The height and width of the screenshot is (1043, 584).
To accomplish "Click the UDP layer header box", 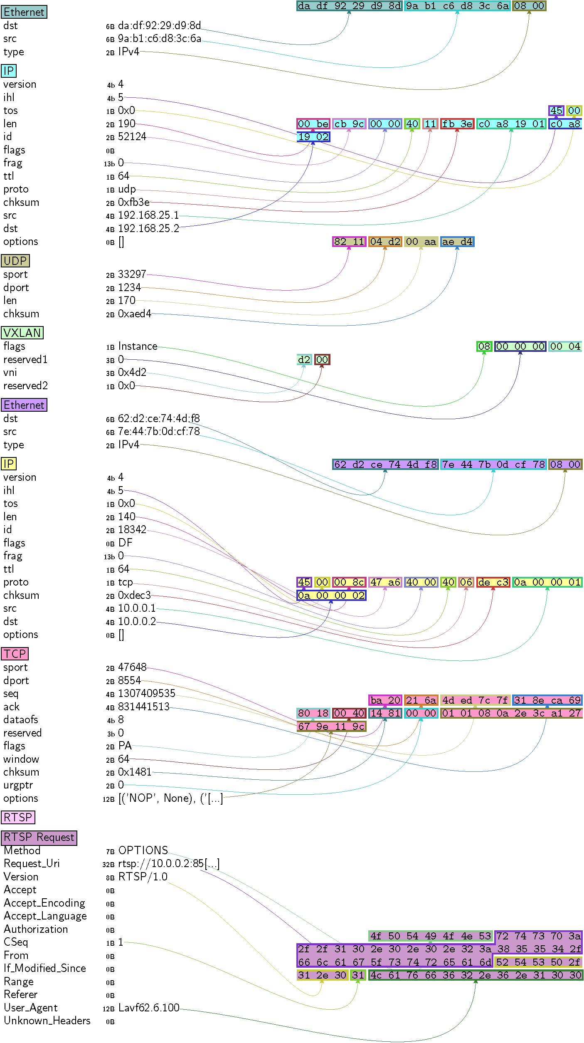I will coord(15,261).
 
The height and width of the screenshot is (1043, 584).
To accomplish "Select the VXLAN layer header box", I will coord(22,333).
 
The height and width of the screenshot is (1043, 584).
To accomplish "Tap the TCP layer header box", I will coord(15,654).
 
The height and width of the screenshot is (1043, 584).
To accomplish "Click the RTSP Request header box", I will coord(39,837).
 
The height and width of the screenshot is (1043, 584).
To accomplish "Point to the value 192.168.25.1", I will coord(148,215).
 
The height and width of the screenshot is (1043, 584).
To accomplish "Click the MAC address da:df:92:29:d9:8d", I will coord(159,26).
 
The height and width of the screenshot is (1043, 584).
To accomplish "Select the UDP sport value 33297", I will coord(132,274).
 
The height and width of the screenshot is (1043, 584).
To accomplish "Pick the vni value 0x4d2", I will coord(132,373).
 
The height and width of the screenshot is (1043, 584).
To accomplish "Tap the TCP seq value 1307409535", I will coord(147,693).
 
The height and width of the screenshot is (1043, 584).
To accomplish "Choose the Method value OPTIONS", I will coord(143,850).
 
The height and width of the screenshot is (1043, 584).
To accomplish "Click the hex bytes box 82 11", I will coord(349,242).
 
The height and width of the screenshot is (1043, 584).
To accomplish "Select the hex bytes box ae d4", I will coord(457,242).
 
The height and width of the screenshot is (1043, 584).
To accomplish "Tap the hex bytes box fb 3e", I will coord(457,124).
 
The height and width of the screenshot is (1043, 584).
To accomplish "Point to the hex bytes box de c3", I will coord(493,582).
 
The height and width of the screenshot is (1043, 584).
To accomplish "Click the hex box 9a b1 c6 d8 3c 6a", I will coord(457,6).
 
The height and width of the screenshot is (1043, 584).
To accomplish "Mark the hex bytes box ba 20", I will coord(385,700).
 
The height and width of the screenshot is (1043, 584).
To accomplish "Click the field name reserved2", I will coord(25,386).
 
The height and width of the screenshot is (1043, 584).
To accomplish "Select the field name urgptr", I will coord(18,785).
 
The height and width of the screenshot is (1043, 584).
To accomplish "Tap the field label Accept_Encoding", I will coord(44,903).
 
